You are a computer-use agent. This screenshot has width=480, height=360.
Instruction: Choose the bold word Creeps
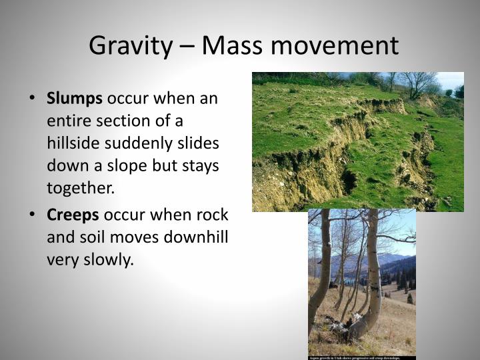(73, 215)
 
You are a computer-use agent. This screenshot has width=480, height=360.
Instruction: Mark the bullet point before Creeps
(33, 216)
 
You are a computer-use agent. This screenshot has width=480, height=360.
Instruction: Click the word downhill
(195, 237)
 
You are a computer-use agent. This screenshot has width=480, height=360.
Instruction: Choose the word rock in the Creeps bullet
(214, 215)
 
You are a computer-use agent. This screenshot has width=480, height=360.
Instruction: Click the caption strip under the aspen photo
(361, 357)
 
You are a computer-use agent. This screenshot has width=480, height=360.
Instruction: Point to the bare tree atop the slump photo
(417, 84)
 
